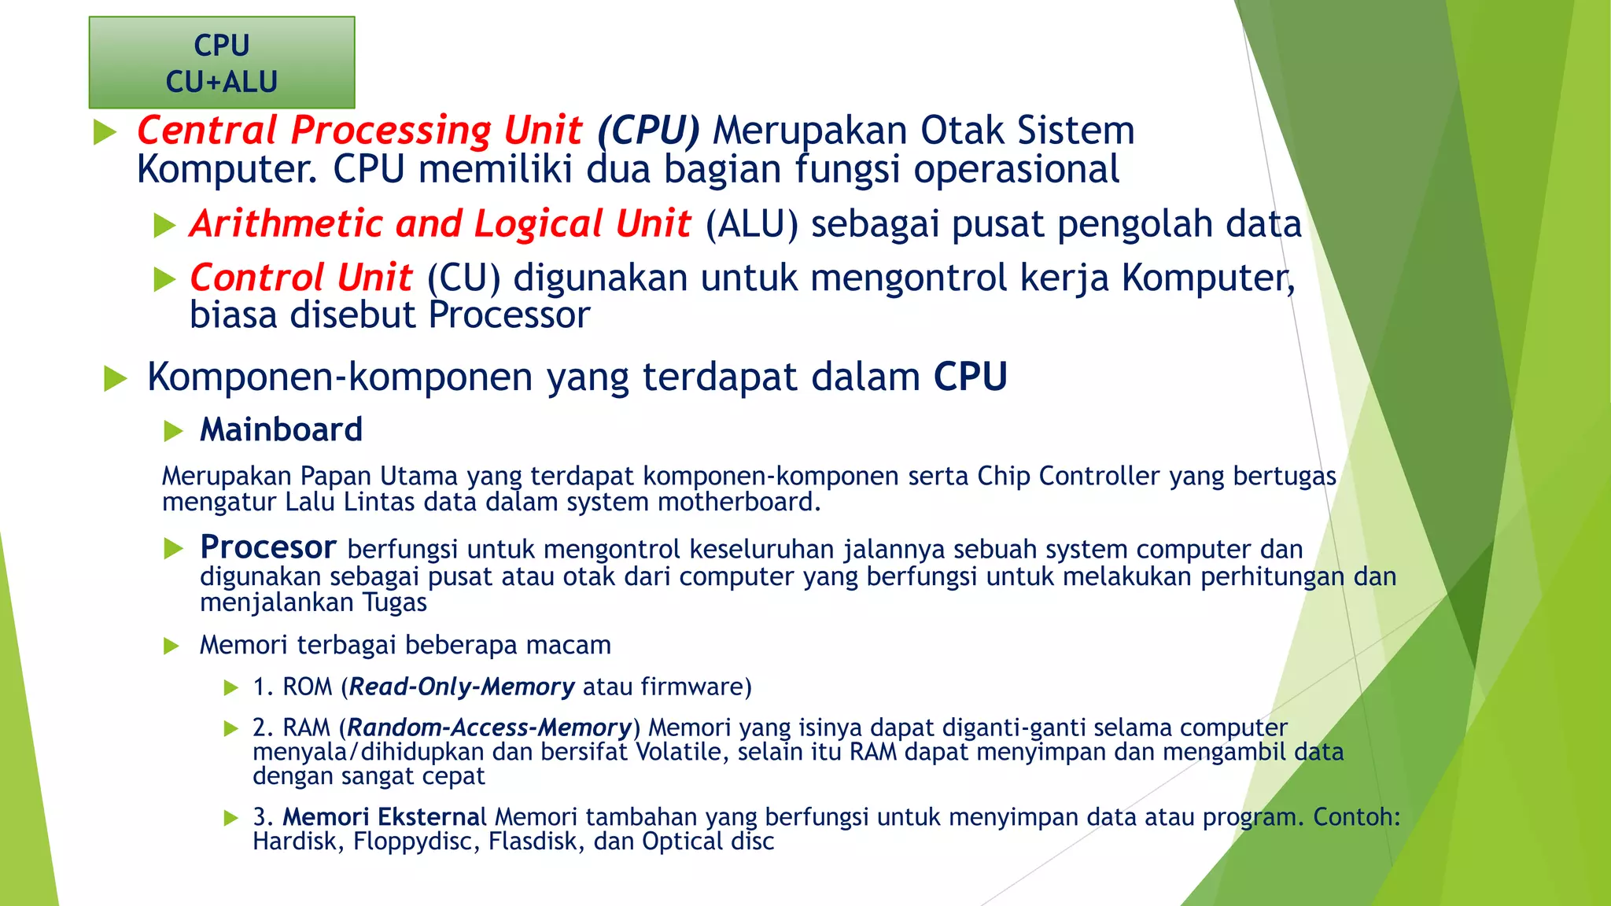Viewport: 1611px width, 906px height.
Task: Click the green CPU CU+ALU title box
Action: point(222,63)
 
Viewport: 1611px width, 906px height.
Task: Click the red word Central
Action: point(207,130)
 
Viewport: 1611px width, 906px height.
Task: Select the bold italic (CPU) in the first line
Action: point(648,131)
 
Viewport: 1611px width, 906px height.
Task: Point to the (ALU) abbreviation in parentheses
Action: point(751,224)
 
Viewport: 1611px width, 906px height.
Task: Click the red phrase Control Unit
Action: point(300,278)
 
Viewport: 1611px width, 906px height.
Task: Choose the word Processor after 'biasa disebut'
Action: point(509,315)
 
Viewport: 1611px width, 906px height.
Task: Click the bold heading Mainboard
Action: point(281,430)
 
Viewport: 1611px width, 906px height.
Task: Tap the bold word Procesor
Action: point(267,547)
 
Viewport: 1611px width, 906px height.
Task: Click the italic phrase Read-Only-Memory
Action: point(462,687)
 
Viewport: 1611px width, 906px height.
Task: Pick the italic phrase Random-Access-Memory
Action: point(489,727)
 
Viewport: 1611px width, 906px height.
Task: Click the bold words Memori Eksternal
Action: point(385,817)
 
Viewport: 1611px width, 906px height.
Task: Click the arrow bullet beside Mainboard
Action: point(173,431)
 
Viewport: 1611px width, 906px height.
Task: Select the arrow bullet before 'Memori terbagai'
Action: point(171,646)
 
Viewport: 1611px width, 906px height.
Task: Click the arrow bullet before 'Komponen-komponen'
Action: point(116,378)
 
